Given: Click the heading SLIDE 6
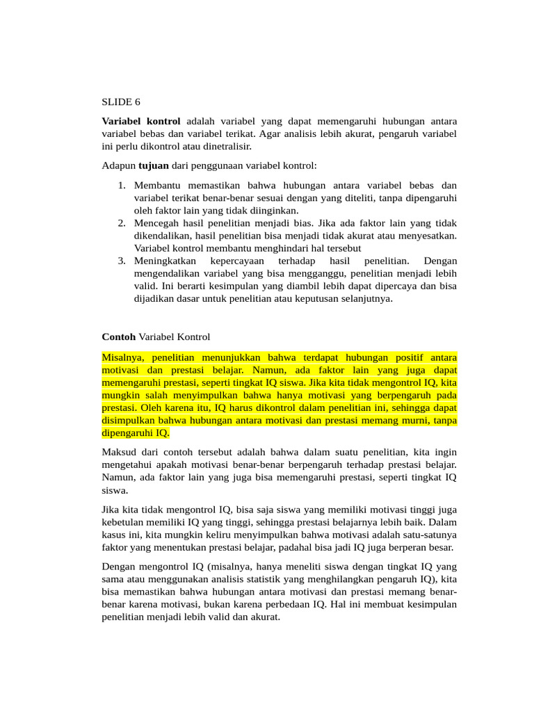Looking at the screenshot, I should (x=121, y=102).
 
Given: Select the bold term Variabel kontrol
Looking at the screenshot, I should (x=141, y=121).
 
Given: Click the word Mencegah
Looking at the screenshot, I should (x=157, y=223).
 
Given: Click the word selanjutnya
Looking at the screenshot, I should (x=364, y=299).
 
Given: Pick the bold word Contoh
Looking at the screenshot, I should (x=119, y=337).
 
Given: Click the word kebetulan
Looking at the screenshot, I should (x=127, y=521).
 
